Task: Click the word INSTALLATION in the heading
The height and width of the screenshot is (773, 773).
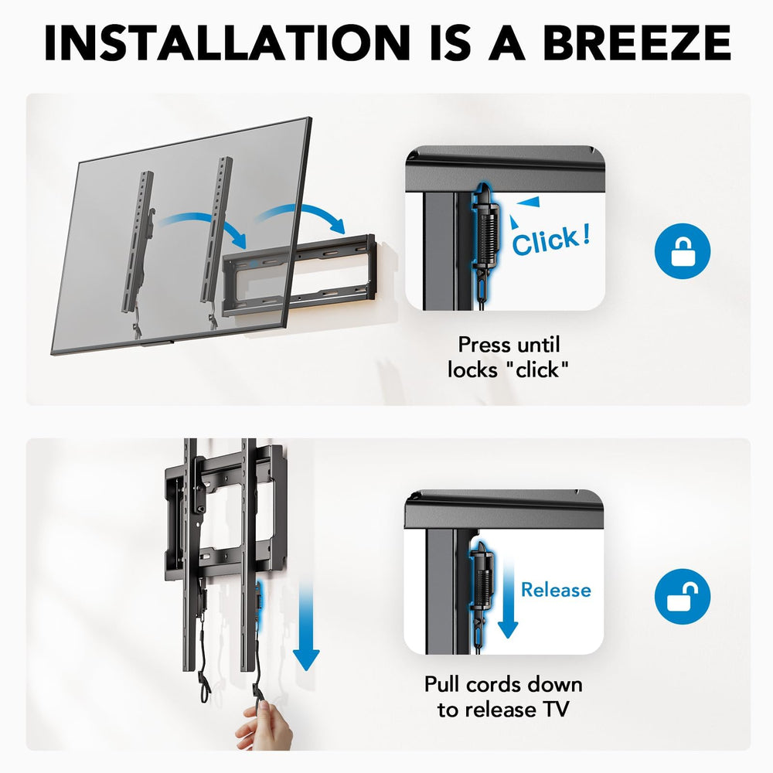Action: [x=227, y=43]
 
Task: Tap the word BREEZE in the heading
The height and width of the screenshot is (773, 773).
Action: [x=637, y=43]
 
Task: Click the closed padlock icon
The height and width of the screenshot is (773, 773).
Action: [x=683, y=251]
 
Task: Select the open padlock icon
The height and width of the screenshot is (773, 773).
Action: [x=683, y=596]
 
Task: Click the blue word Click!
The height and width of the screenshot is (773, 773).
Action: [x=550, y=240]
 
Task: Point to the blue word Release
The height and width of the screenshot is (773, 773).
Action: [x=556, y=590]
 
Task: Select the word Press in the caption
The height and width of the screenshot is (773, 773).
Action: [x=481, y=345]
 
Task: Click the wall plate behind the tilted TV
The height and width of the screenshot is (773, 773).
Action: [x=298, y=276]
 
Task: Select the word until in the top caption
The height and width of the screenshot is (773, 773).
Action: [x=536, y=345]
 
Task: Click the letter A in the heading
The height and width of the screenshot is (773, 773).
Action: [x=506, y=43]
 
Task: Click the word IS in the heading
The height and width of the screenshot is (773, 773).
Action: [x=450, y=43]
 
